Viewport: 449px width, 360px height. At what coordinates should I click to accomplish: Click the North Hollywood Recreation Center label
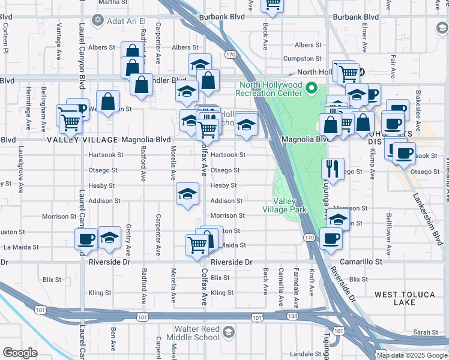268,89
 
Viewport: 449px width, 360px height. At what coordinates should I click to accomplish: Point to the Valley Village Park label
285,205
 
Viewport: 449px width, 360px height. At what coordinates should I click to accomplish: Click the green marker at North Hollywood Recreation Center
311,89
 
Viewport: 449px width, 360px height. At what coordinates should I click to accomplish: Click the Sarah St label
426,332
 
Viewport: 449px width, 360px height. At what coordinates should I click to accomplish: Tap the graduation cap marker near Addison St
187,194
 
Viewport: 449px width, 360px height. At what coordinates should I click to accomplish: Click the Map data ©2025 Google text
412,355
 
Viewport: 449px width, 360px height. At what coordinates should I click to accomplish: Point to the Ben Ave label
113,338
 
